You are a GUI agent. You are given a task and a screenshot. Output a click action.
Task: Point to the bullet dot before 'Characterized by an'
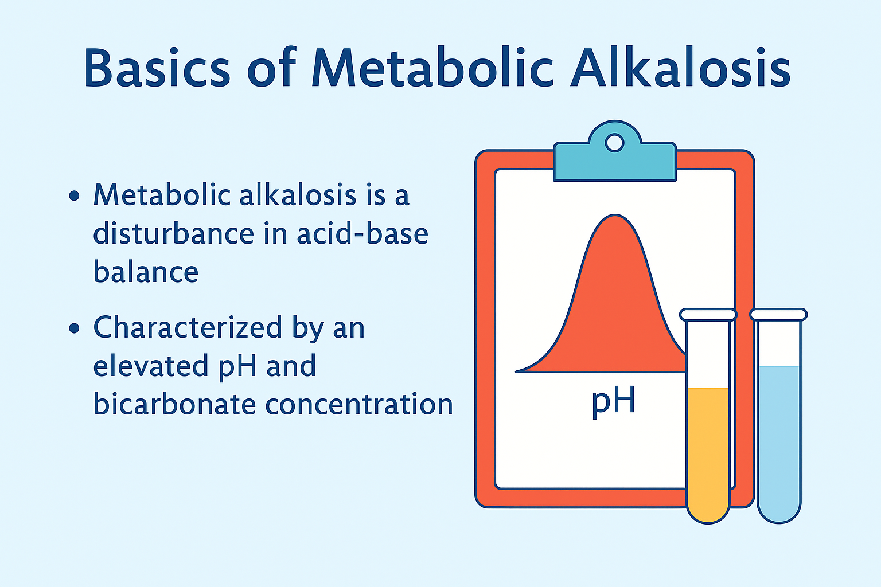tap(74, 328)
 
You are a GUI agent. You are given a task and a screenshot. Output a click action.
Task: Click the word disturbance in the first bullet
tap(173, 234)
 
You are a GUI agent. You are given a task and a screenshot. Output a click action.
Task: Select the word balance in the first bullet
tap(146, 272)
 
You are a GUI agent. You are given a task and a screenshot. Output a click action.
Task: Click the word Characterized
tap(188, 328)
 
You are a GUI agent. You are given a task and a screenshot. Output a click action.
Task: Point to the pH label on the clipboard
tap(613, 401)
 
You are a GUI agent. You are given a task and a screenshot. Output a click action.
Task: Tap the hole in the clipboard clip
tap(615, 142)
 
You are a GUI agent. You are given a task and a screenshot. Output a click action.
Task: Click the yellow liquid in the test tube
tap(708, 453)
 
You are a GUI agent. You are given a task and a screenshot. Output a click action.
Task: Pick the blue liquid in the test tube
tap(778, 441)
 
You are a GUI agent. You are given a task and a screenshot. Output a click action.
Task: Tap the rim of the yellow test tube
tap(708, 315)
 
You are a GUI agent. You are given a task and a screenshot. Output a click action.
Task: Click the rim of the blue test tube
tap(778, 315)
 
